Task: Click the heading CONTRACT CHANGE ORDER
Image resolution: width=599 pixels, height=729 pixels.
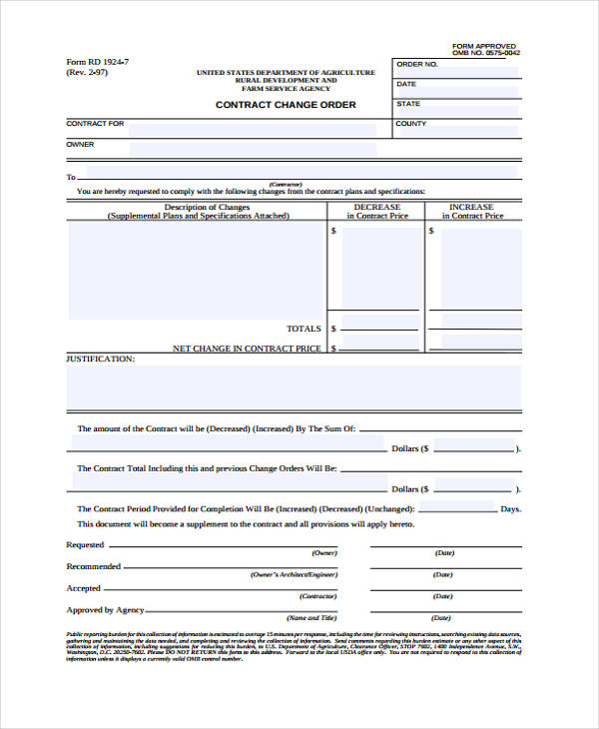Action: [286, 105]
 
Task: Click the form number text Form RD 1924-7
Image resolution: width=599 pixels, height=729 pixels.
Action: [97, 62]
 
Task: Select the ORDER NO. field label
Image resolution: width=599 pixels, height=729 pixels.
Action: [417, 64]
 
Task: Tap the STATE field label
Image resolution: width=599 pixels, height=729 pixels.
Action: [408, 104]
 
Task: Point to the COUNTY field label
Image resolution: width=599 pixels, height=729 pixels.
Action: [411, 124]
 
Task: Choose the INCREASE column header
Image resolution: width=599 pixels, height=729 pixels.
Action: [473, 208]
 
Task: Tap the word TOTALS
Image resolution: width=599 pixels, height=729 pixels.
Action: [303, 329]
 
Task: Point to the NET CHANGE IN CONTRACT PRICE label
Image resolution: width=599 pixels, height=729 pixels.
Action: [247, 349]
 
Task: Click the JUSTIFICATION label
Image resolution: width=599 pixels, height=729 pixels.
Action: [100, 358]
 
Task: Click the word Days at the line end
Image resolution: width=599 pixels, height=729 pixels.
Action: [510, 509]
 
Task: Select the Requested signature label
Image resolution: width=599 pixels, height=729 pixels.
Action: [85, 545]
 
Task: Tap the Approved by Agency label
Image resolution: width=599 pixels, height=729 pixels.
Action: [105, 610]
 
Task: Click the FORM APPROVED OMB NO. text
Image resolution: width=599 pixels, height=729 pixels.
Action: [485, 50]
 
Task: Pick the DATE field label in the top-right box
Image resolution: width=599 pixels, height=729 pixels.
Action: [406, 84]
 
